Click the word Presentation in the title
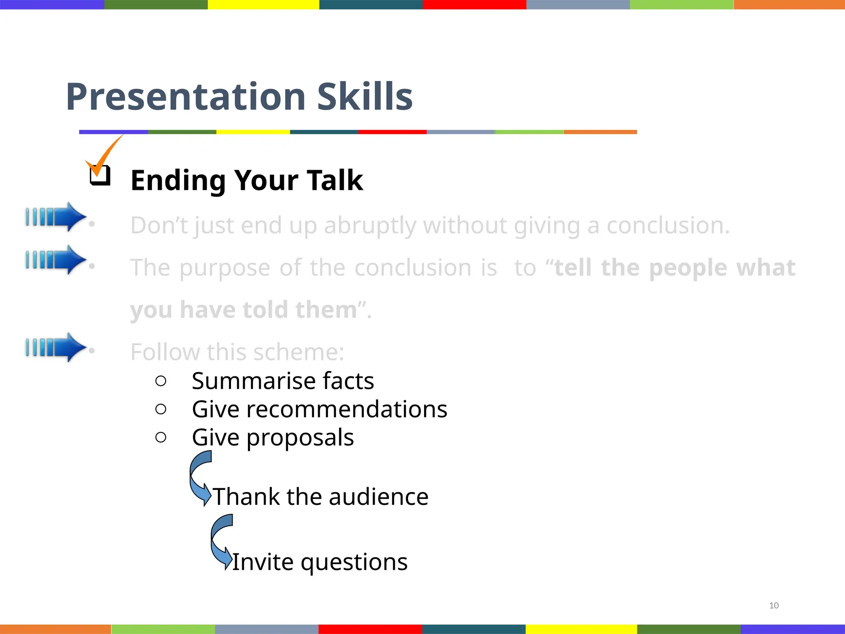coord(186,97)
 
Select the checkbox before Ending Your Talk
coord(100,175)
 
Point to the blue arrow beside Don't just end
coord(56,217)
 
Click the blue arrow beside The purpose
coord(56,260)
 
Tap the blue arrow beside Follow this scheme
coord(56,347)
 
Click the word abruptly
coord(369,226)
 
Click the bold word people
coord(688,268)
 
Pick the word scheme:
coord(298,352)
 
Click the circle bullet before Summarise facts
coord(161,381)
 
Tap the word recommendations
coord(347,409)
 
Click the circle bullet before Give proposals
coord(161,437)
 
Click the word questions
coord(354,562)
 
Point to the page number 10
coord(774,606)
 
